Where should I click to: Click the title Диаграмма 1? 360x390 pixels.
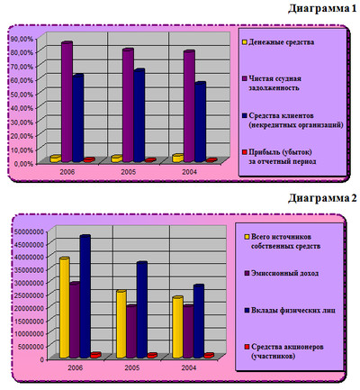[322, 9]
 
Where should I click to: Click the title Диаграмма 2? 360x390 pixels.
[322, 198]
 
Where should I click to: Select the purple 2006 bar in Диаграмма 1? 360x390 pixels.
[67, 102]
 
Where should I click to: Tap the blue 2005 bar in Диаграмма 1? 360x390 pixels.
[139, 115]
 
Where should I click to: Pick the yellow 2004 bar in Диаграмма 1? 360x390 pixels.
[178, 159]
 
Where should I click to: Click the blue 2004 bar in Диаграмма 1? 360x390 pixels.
[201, 122]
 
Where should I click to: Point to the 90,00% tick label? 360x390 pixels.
[22, 39]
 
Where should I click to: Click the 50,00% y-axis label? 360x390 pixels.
[22, 95]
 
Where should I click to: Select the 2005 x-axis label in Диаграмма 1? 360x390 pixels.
[128, 172]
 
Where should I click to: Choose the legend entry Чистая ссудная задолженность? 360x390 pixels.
[274, 84]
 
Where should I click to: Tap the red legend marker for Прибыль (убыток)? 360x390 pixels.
[244, 152]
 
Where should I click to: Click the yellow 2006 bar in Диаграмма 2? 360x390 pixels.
[65, 308]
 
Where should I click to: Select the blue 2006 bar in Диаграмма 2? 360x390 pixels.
[85, 296]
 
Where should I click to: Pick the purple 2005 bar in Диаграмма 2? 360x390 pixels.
[131, 331]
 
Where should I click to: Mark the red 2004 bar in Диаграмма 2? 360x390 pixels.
[209, 356]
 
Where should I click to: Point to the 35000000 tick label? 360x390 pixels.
[29, 270]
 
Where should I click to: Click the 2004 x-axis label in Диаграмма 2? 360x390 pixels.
[189, 367]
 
